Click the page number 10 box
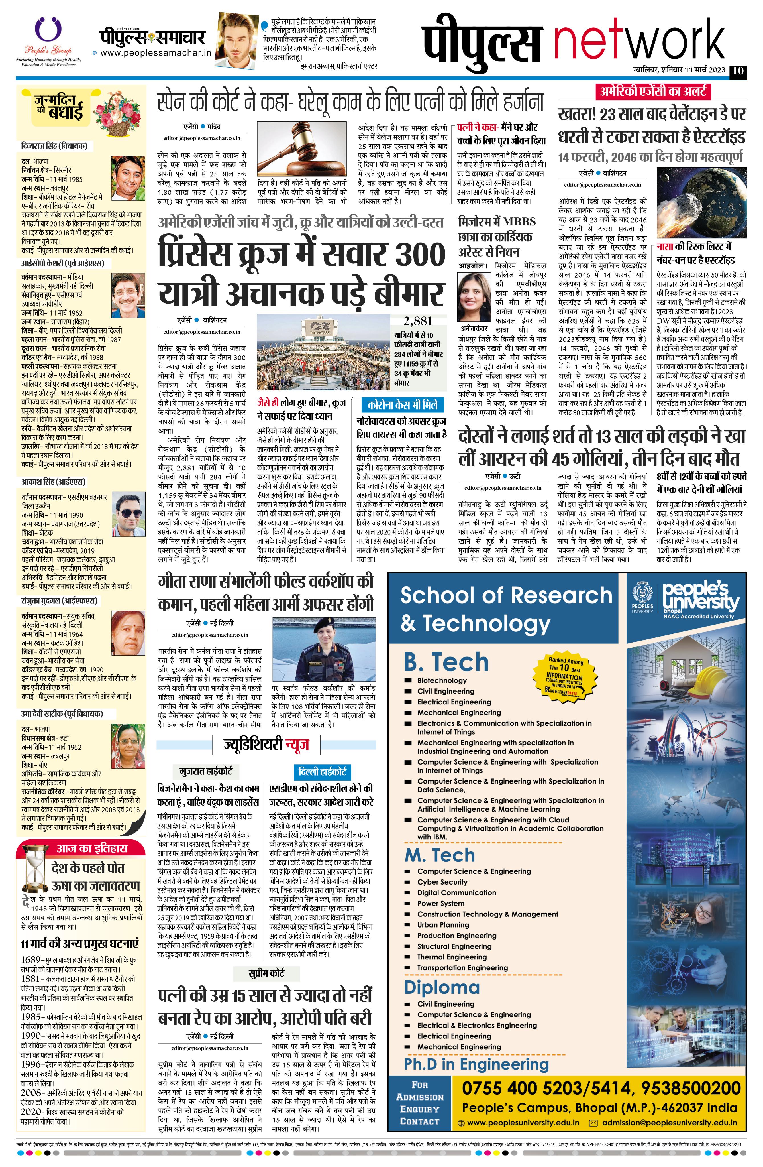click(738, 71)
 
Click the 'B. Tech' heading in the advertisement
click(446, 662)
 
